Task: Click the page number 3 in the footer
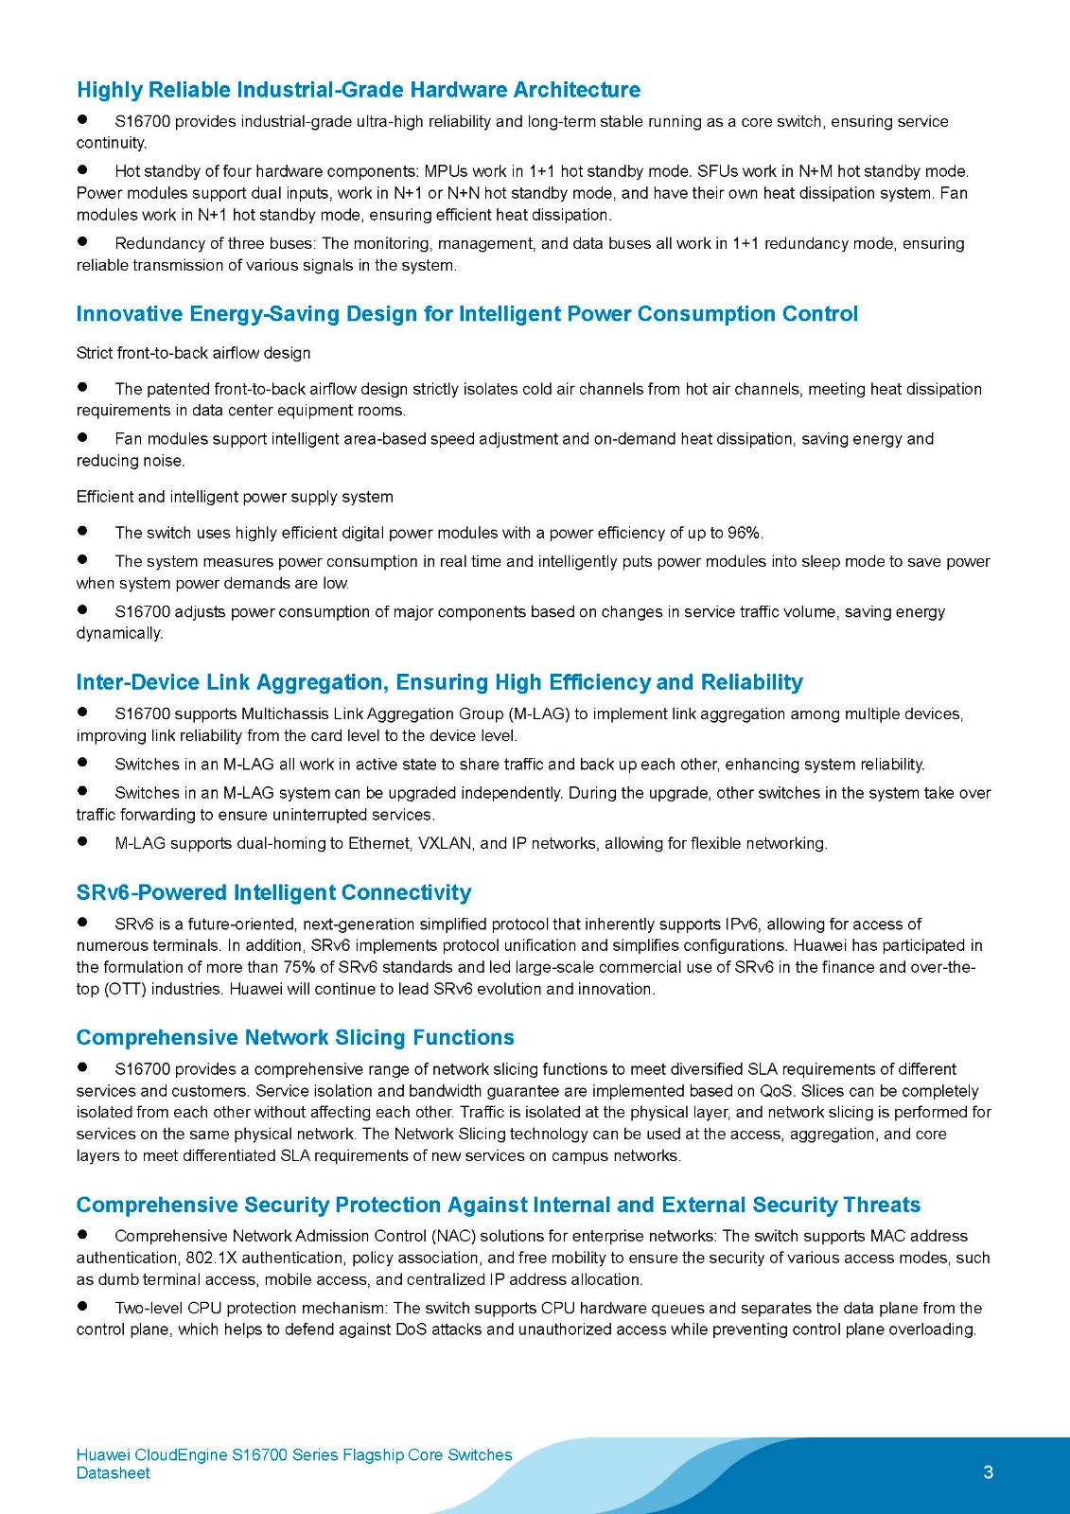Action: (x=988, y=1471)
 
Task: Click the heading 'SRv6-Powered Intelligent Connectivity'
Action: (x=273, y=892)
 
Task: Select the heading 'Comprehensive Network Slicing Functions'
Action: (x=295, y=1037)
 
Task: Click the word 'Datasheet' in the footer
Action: (x=113, y=1472)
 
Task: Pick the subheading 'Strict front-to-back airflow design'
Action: (x=193, y=353)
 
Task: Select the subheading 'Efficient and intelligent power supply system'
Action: (x=235, y=497)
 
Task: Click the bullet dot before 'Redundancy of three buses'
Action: (x=83, y=242)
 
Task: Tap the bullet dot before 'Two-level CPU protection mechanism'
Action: (x=83, y=1307)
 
